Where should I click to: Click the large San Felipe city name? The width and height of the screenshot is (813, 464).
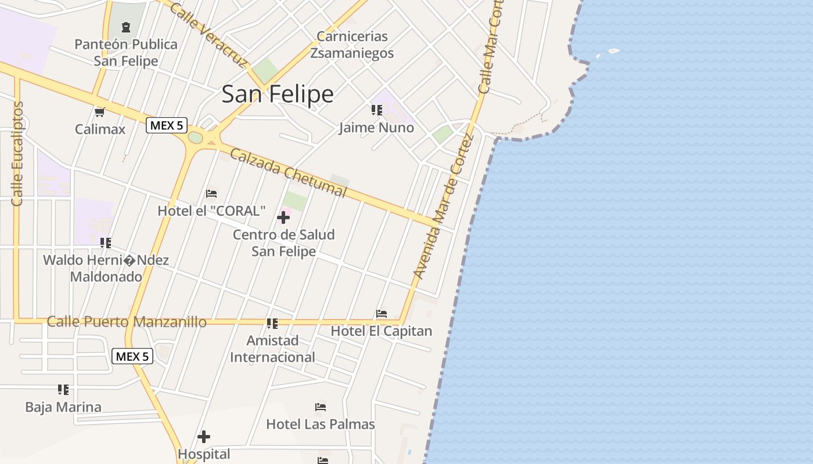[x=278, y=94]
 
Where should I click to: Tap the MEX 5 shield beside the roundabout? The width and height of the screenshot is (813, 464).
[x=166, y=125]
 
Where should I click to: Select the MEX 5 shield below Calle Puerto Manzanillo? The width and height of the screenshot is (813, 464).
[x=132, y=356]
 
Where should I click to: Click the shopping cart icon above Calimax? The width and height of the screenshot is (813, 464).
[x=99, y=112]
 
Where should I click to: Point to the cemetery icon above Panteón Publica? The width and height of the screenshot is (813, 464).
[x=125, y=27]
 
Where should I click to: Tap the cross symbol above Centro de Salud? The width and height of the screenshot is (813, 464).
[x=283, y=217]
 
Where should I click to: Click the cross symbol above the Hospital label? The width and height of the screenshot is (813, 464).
[x=204, y=437]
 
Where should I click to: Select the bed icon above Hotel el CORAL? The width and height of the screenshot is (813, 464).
[x=211, y=193]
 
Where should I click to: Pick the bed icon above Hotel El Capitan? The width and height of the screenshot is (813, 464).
[x=382, y=314]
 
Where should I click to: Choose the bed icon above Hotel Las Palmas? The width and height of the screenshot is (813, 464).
[x=321, y=407]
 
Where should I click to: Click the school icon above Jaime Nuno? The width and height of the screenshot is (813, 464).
[x=376, y=110]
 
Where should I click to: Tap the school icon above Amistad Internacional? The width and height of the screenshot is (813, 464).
[x=272, y=323]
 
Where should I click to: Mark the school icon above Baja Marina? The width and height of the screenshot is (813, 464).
[x=63, y=390]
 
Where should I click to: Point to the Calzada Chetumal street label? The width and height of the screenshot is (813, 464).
[x=288, y=173]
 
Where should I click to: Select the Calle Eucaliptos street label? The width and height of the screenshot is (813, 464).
[x=17, y=154]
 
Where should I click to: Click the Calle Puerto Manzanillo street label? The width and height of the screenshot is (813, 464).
[x=127, y=322]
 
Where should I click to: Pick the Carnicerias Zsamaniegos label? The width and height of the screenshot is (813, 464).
[x=352, y=45]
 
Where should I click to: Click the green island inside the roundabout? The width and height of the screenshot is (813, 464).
[x=196, y=137]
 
